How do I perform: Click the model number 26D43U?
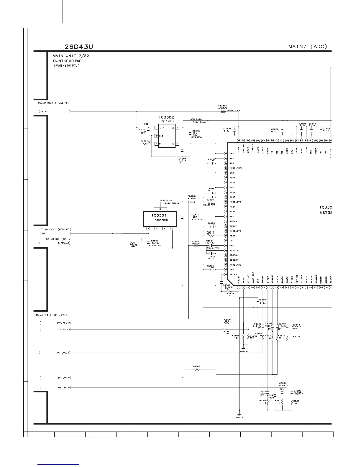pos(79,47)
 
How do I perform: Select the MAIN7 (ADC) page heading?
pos(308,47)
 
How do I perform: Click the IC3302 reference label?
pos(167,117)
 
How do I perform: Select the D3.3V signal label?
pos(43,112)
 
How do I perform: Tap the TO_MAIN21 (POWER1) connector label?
pos(51,103)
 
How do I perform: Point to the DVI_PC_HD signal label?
pos(63,323)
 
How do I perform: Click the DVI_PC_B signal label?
pos(63,353)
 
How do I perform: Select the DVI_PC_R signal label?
pos(64,387)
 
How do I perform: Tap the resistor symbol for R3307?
pos(197,370)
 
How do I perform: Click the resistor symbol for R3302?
pos(134,243)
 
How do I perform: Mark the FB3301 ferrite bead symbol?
pos(223,112)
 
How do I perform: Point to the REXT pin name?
pos(232,236)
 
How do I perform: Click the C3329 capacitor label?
pos(262,300)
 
